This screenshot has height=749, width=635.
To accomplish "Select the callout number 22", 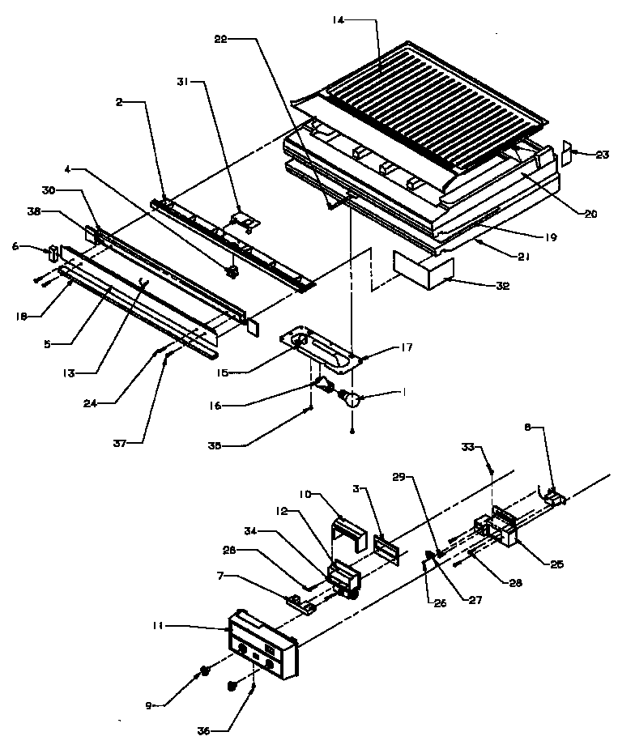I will click(x=222, y=39).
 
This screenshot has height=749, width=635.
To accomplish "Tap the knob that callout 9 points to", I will click(x=206, y=671).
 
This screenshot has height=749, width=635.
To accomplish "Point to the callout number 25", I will click(x=554, y=564).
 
